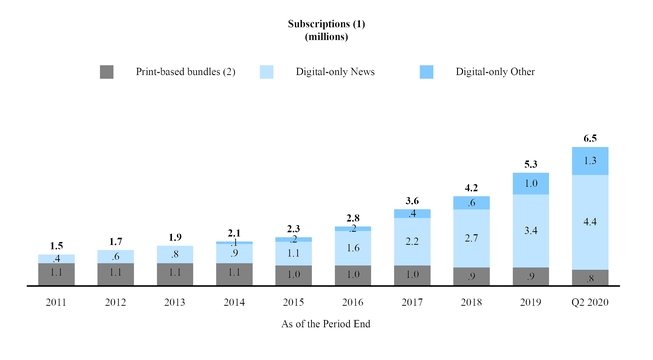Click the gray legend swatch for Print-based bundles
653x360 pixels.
(107, 72)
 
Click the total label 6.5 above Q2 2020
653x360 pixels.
(589, 138)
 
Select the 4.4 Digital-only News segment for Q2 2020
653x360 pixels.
(589, 222)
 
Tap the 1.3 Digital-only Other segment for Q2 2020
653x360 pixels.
(589, 161)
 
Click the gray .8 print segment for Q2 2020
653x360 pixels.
(589, 278)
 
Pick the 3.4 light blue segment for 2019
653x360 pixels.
(530, 230)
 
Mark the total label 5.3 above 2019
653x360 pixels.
(530, 163)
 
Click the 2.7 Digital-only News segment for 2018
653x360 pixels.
(471, 238)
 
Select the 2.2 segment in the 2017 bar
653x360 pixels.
(412, 242)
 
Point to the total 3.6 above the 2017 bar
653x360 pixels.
(412, 200)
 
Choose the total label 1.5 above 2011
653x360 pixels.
(57, 245)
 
